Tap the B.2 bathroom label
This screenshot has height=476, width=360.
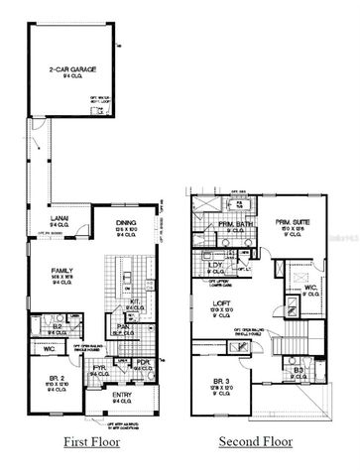[x=58, y=324]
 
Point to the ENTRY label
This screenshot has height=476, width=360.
[x=120, y=397]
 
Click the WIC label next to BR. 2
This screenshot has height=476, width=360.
[x=50, y=349]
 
